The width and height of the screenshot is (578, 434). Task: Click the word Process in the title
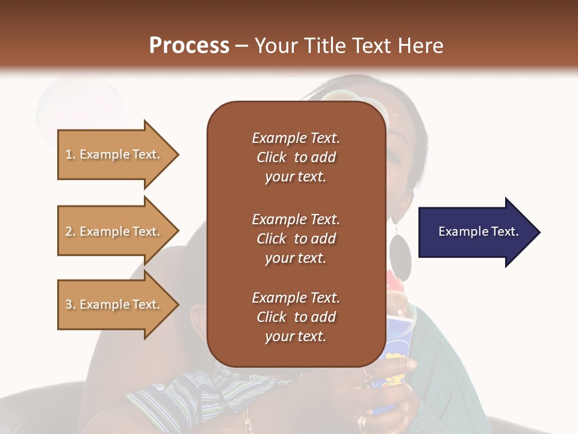(x=190, y=46)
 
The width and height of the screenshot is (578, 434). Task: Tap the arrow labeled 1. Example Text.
(x=119, y=155)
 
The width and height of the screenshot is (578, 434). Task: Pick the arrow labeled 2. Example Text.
(x=119, y=231)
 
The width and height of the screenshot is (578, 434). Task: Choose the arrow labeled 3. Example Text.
(x=119, y=304)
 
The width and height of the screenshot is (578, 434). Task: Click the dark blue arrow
(x=480, y=232)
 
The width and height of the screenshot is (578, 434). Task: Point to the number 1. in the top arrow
(x=70, y=154)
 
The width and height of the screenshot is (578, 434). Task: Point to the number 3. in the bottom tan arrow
(x=70, y=304)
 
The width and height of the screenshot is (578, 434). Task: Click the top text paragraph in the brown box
(x=296, y=157)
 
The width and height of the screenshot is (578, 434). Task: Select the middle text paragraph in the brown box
(x=296, y=239)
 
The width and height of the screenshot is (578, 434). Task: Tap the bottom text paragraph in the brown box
(x=296, y=317)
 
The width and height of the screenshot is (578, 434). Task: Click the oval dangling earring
(x=400, y=257)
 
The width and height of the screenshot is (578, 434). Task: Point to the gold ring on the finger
(x=362, y=421)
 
